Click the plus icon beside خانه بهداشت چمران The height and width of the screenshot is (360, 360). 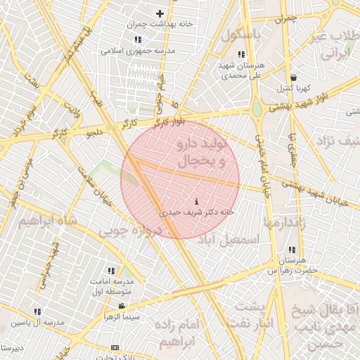click(160, 13)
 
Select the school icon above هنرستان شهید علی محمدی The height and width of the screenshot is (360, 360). click(241, 54)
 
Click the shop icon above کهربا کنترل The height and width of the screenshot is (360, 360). click(292, 78)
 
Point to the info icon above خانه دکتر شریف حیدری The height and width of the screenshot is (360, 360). click(195, 202)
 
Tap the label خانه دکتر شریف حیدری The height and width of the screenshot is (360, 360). click(198, 211)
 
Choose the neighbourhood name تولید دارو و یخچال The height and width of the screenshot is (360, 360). click(202, 153)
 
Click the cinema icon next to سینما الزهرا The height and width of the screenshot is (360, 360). click(122, 306)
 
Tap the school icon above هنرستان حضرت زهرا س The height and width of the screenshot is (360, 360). click(292, 250)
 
